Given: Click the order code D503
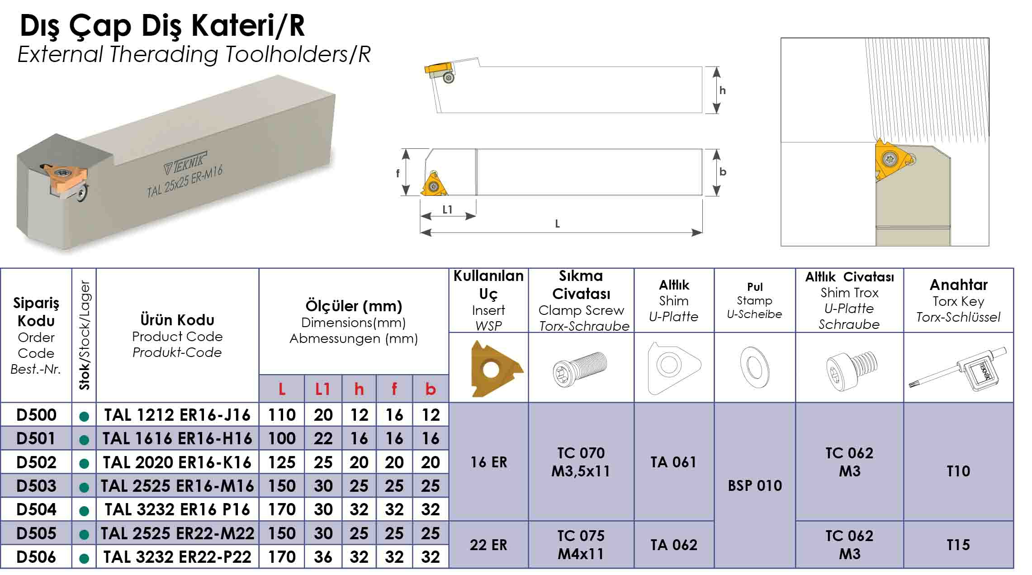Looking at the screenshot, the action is [x=36, y=486].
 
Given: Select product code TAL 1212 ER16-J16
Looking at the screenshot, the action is [x=177, y=415].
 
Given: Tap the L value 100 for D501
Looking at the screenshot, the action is [x=282, y=438].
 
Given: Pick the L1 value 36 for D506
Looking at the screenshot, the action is [x=323, y=557].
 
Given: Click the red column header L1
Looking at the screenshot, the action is [x=322, y=389].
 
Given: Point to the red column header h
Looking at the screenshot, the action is [x=359, y=389].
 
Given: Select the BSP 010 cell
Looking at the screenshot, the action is [x=755, y=485].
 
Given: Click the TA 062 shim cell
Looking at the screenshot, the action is [x=674, y=545].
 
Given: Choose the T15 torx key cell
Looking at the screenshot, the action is [x=958, y=545].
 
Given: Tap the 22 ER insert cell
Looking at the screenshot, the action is [x=488, y=545].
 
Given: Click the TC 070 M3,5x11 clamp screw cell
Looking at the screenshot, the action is [x=581, y=462].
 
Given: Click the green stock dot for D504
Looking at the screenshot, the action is [x=84, y=511].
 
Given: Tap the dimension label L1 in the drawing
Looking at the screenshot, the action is [x=447, y=209].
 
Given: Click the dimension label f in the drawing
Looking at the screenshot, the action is [x=398, y=173].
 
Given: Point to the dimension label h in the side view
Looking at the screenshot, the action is [x=722, y=90].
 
